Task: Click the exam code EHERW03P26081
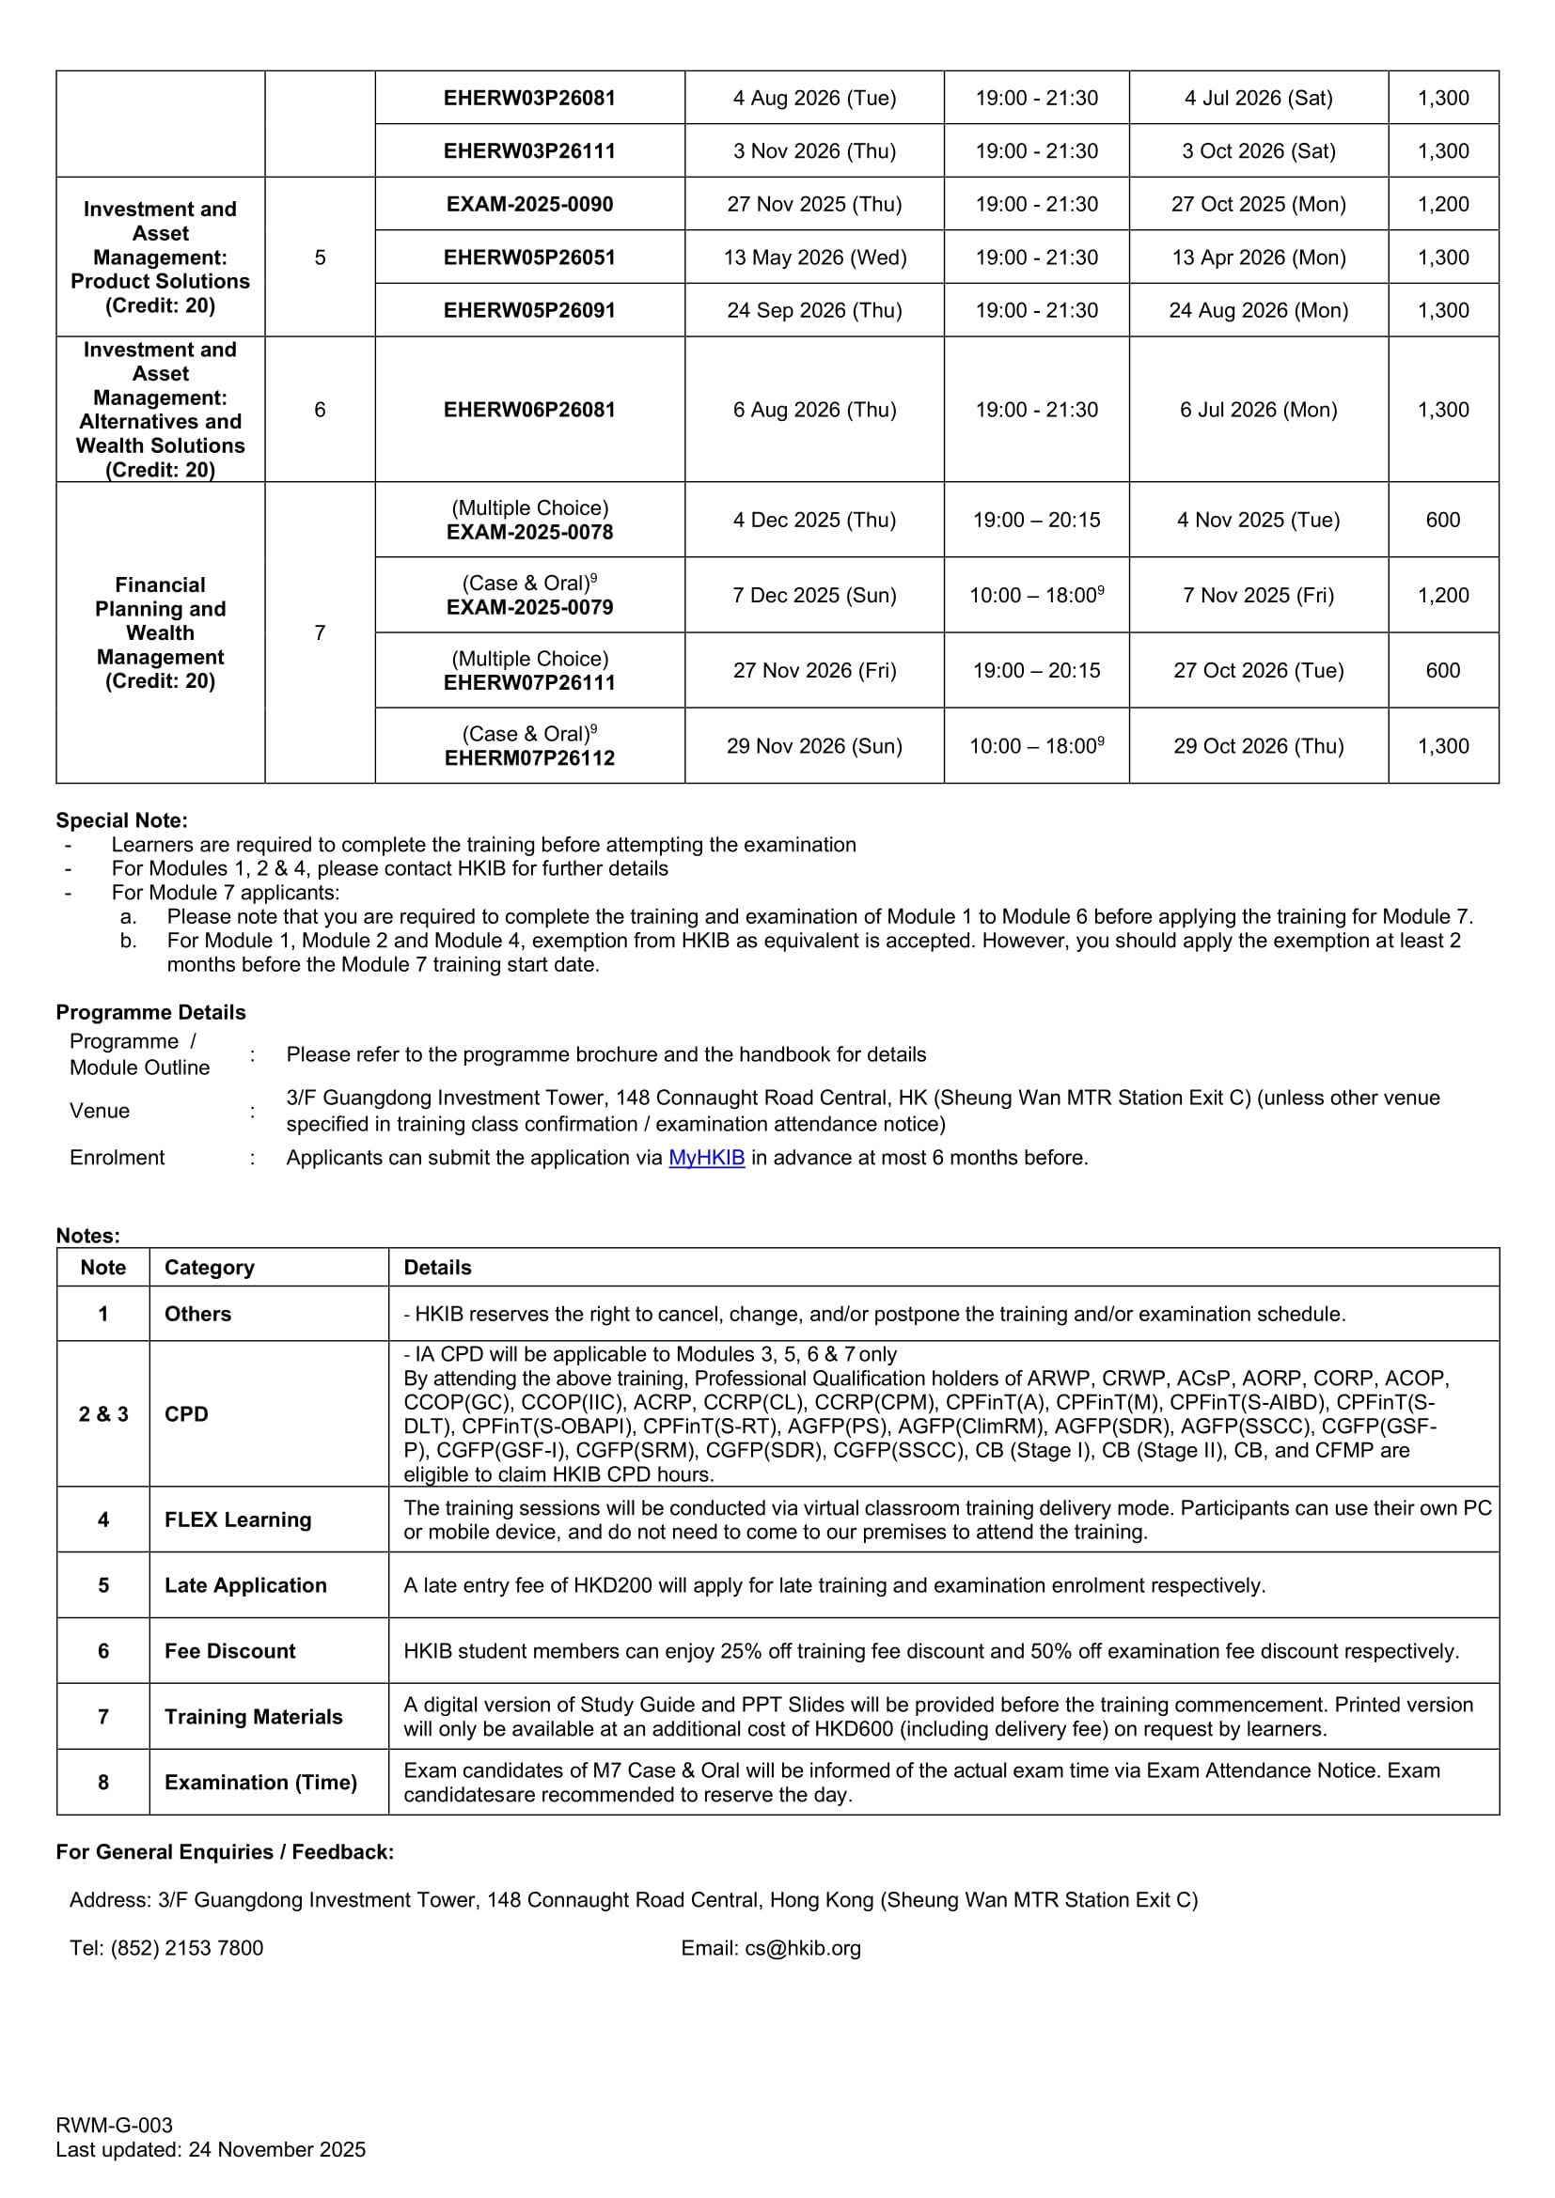pos(529,98)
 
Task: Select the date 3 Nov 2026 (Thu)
pos(814,151)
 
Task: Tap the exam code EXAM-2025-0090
pos(529,204)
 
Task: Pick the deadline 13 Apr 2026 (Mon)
pos(1258,257)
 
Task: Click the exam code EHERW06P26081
pos(529,410)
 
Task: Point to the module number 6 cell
pos(320,410)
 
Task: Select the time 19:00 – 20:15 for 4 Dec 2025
pos(1036,520)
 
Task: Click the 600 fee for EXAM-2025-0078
pos(1442,520)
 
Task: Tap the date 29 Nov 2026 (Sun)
pos(814,746)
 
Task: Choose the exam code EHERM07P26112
pos(529,758)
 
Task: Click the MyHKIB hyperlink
pos(706,1158)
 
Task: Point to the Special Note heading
pos(121,820)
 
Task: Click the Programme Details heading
pos(150,1012)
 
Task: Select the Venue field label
pos(100,1111)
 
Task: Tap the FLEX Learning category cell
pos(238,1520)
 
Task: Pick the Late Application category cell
pos(245,1585)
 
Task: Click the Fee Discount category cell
pos(229,1650)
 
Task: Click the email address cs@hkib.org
pos(802,1948)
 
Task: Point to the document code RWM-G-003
pos(114,2126)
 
